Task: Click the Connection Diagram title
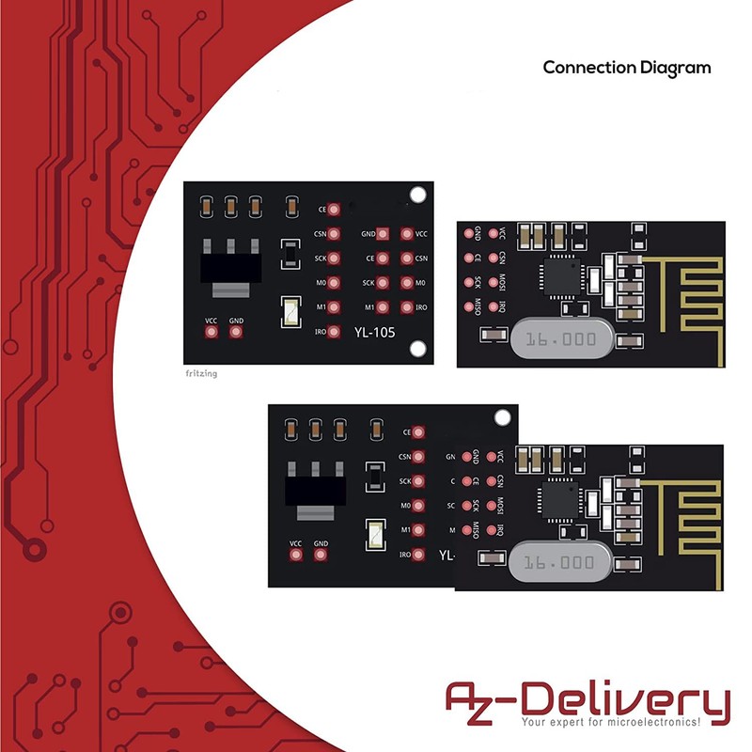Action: tap(627, 68)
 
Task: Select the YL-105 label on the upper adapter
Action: tap(374, 331)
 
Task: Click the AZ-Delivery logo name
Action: tap(587, 700)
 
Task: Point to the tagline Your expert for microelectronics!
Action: tap(611, 723)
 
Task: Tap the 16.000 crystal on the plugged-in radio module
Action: tap(560, 563)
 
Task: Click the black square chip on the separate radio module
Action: tap(558, 275)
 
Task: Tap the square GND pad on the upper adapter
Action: tap(382, 234)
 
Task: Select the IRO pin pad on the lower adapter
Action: tap(418, 555)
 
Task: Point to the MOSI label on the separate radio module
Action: tap(502, 281)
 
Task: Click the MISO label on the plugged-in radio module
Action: tap(477, 531)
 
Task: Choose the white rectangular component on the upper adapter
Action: tap(290, 310)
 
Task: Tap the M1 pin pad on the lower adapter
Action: tap(418, 530)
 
